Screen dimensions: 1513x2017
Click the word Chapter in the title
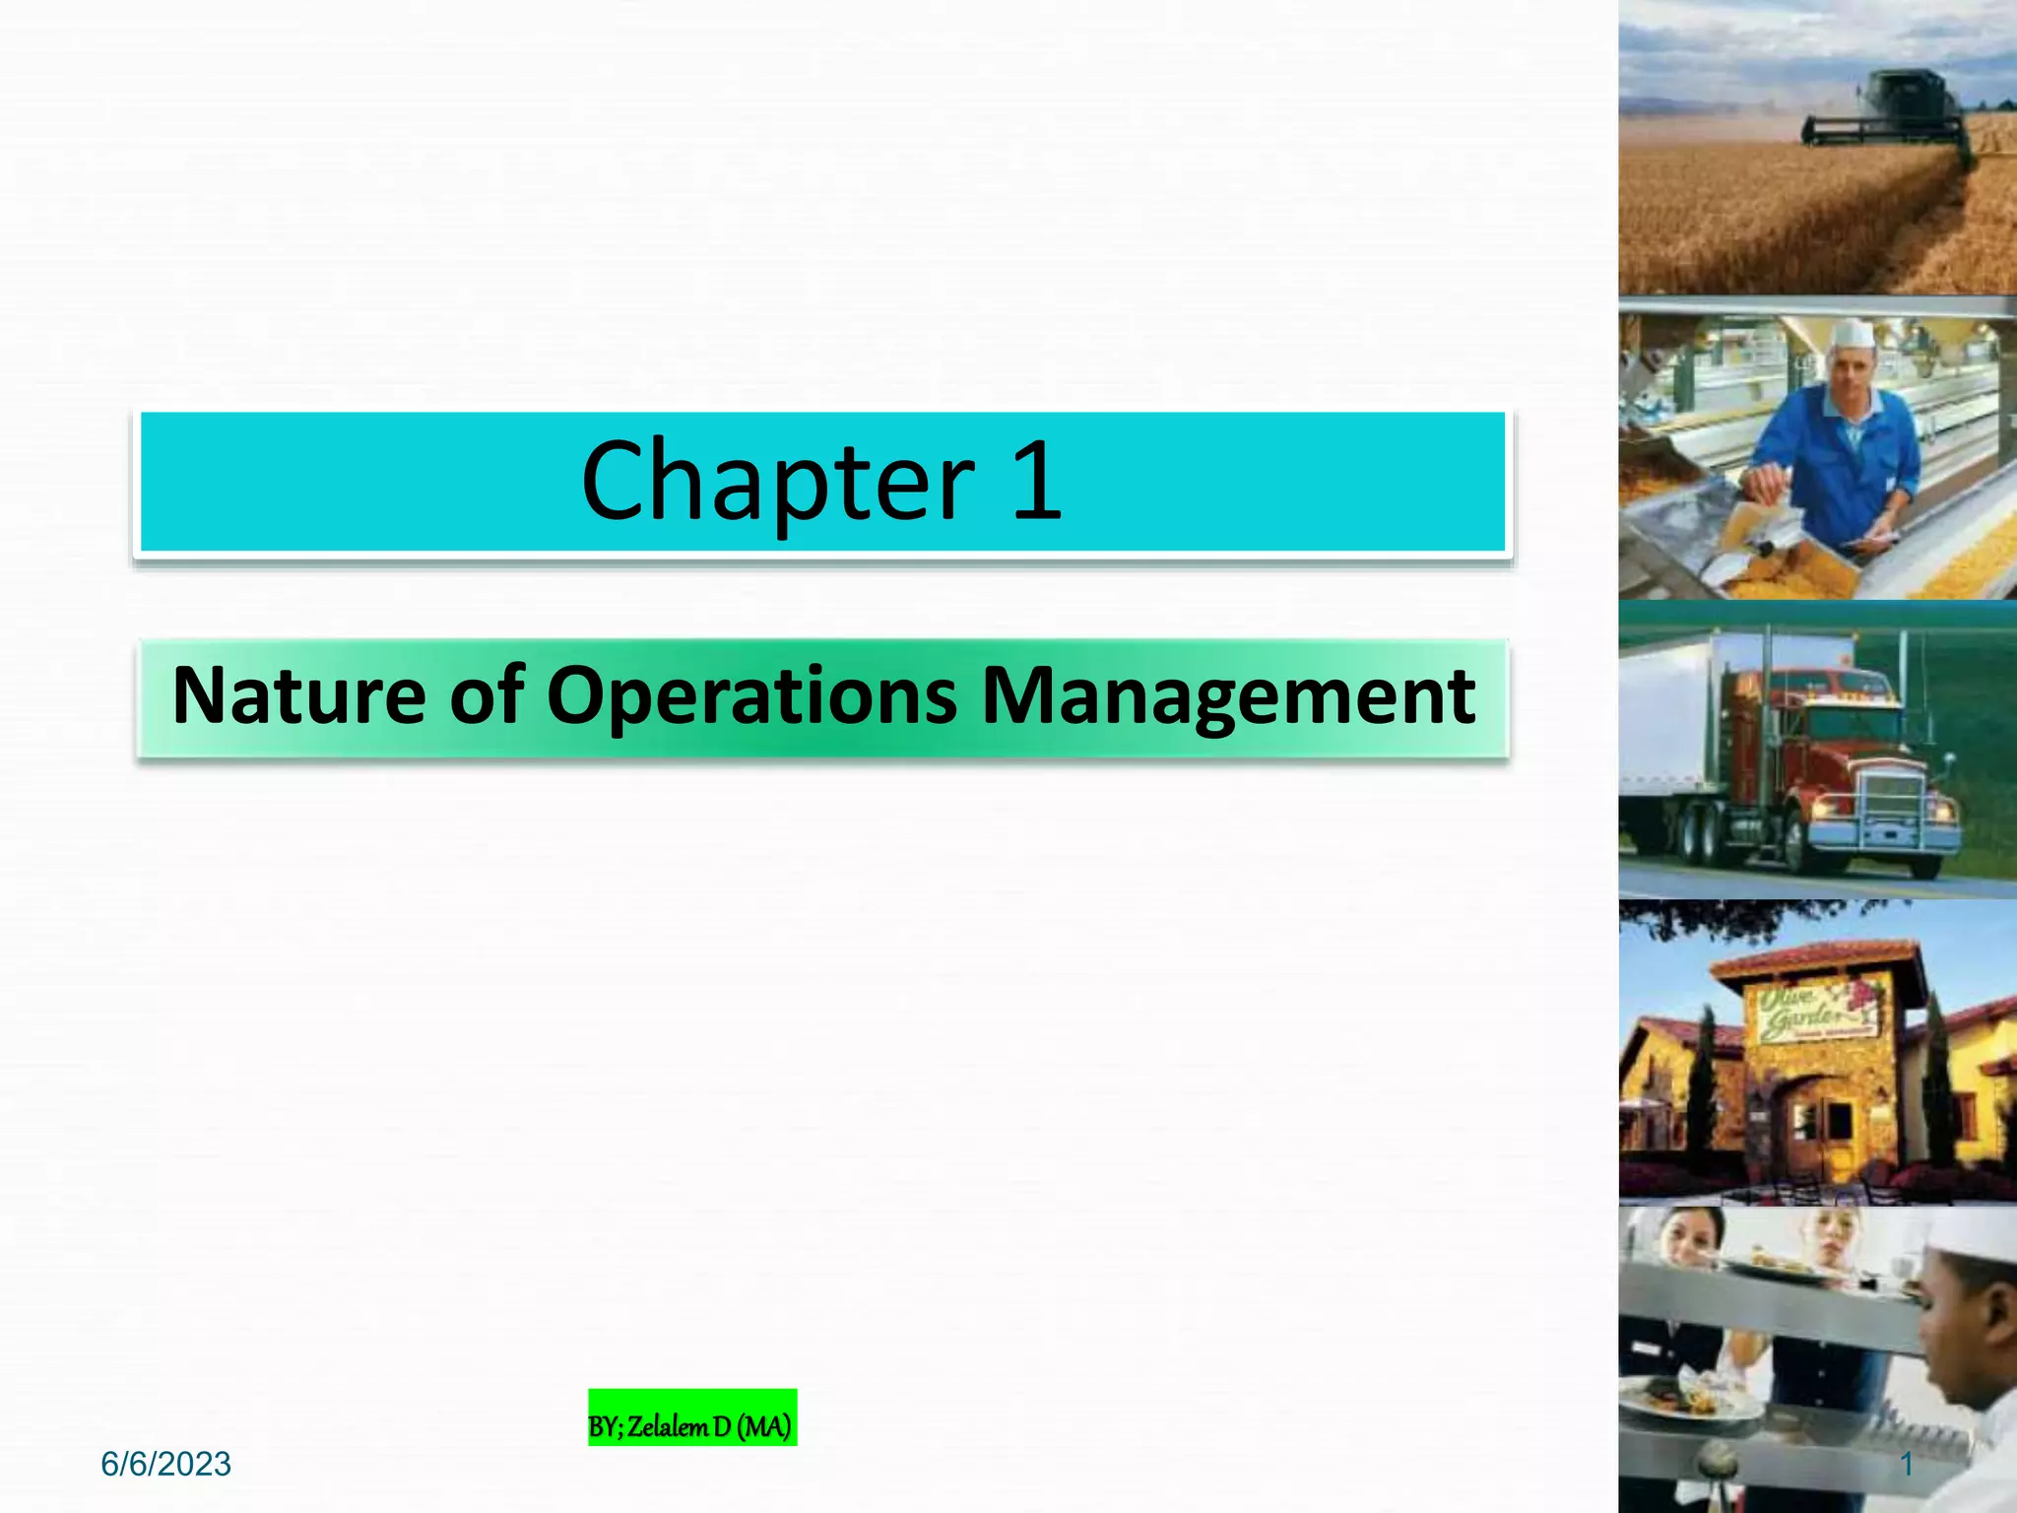778,483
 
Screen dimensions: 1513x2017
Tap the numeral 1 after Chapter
1036,483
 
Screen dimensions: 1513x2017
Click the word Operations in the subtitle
751,695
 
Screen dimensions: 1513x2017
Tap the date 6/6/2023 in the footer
165,1465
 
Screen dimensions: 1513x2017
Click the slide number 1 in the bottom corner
1907,1465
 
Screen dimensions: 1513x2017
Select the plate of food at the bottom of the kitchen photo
1674,1399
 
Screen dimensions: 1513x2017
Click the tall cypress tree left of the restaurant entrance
1702,1084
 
